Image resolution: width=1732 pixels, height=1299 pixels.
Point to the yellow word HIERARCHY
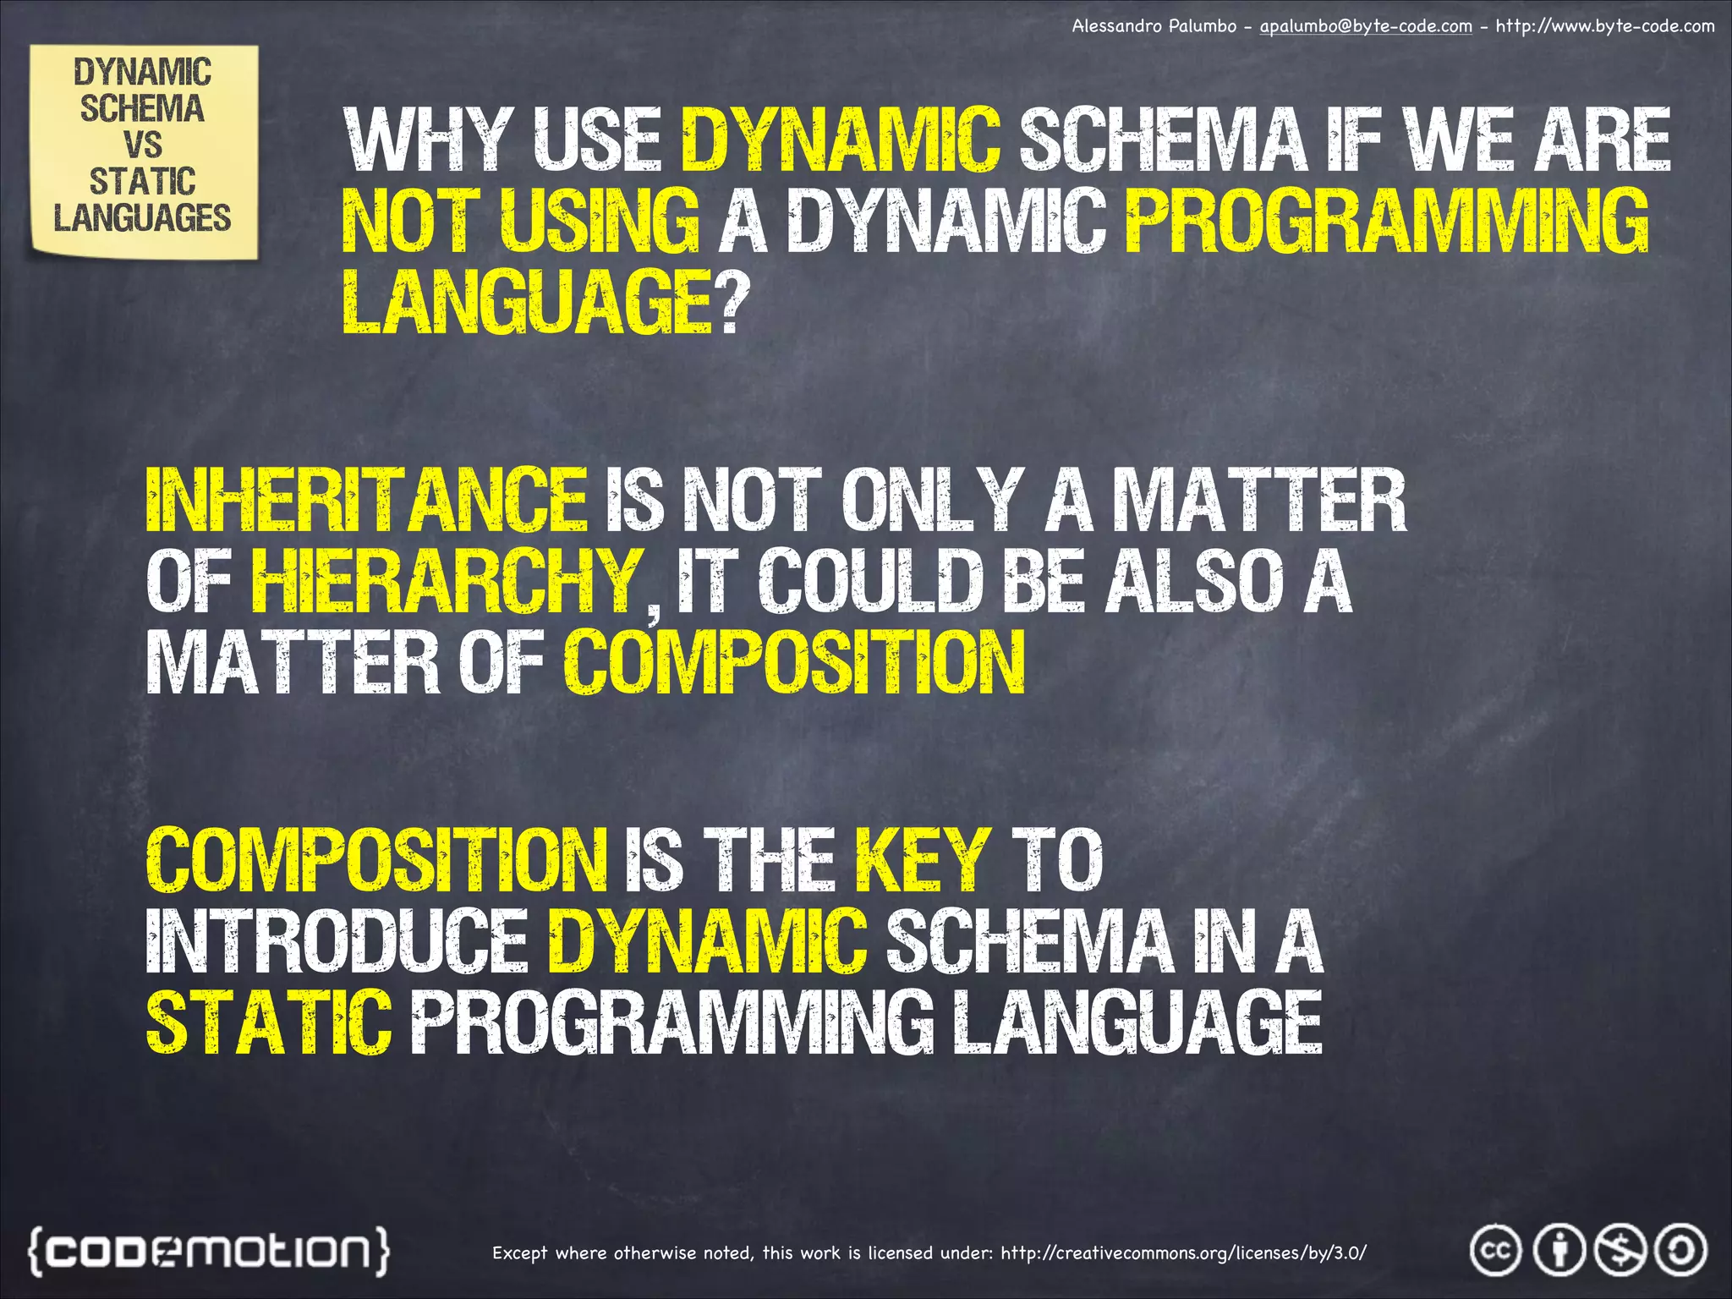click(446, 581)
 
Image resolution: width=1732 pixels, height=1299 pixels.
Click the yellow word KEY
click(923, 860)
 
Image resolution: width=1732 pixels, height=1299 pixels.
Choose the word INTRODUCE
click(337, 941)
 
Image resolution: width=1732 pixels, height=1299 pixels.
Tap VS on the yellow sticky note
click(142, 145)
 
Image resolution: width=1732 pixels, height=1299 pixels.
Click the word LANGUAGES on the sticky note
click(142, 218)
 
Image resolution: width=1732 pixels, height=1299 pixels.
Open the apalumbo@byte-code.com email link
click(1366, 26)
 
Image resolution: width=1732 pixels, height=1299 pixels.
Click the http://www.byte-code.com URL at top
click(1604, 26)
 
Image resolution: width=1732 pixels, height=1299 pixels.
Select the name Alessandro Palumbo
click(1154, 26)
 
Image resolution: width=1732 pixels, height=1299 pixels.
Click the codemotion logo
click(210, 1250)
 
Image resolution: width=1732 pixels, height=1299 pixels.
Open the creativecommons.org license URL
click(1183, 1252)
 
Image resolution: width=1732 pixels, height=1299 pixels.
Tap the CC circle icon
click(1495, 1250)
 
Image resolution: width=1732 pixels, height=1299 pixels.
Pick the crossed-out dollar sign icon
click(1620, 1250)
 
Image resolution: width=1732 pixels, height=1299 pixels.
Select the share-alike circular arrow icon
click(1680, 1250)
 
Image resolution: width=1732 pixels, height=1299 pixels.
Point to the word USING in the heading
click(600, 221)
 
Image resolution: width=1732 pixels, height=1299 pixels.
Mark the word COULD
click(870, 581)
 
